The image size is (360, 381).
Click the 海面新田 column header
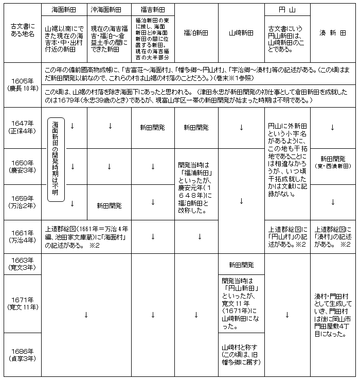[64, 10]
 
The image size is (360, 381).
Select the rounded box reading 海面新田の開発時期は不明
[55, 160]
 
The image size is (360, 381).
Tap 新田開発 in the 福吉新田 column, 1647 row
[153, 127]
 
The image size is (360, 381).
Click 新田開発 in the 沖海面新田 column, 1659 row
[109, 205]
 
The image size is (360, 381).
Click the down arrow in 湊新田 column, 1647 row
[333, 127]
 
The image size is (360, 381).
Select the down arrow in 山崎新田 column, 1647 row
[241, 127]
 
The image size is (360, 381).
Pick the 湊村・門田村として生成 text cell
[333, 315]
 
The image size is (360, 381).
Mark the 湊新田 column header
[333, 33]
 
